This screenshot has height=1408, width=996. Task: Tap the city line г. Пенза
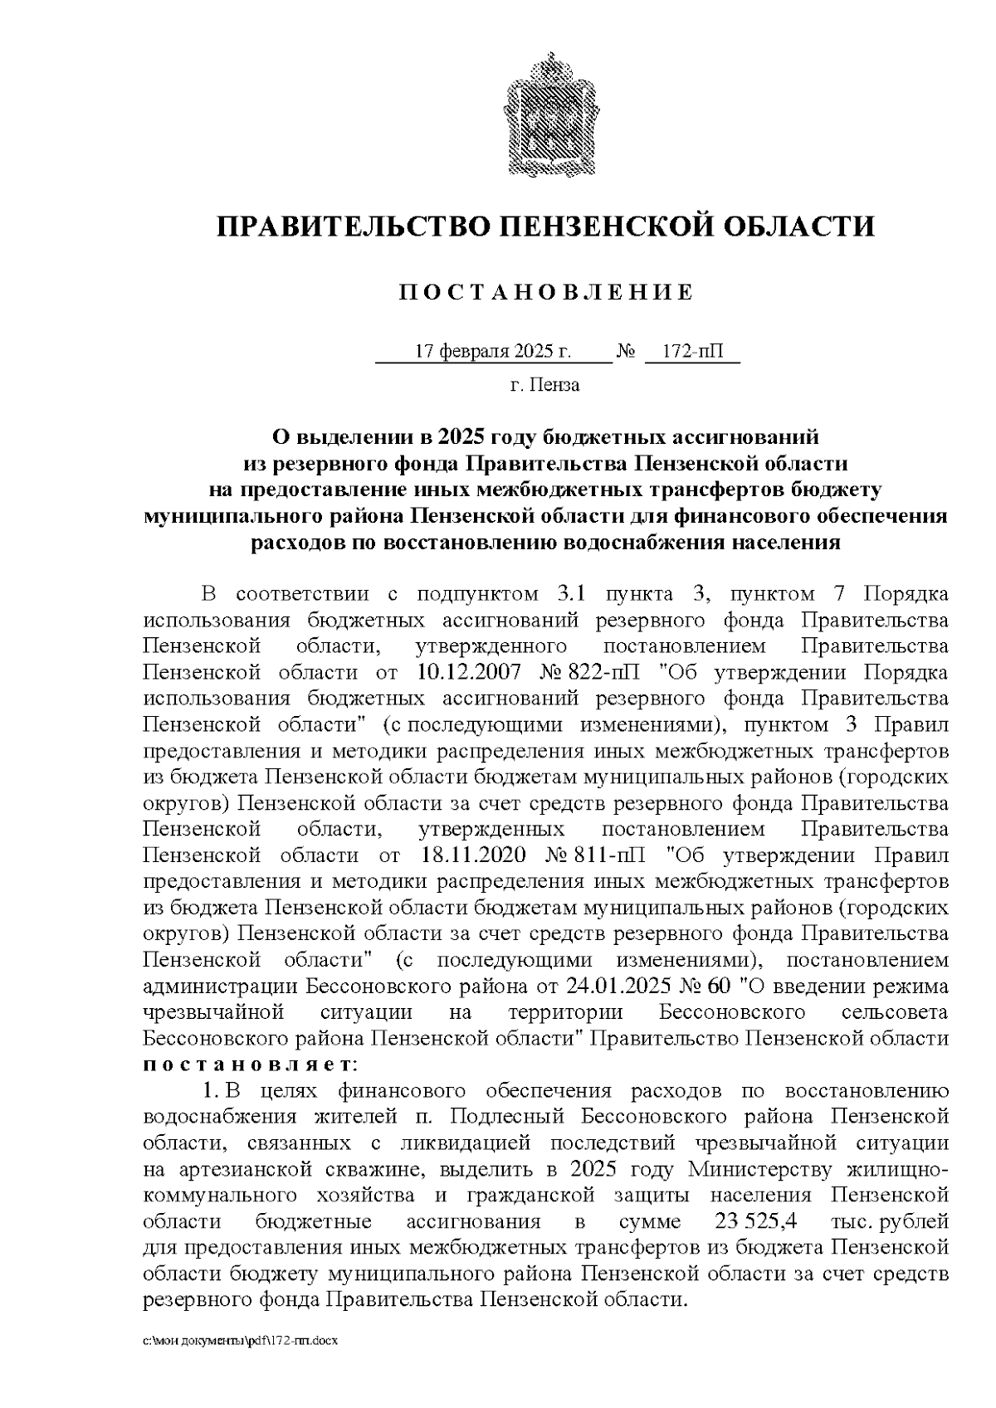(x=544, y=385)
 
